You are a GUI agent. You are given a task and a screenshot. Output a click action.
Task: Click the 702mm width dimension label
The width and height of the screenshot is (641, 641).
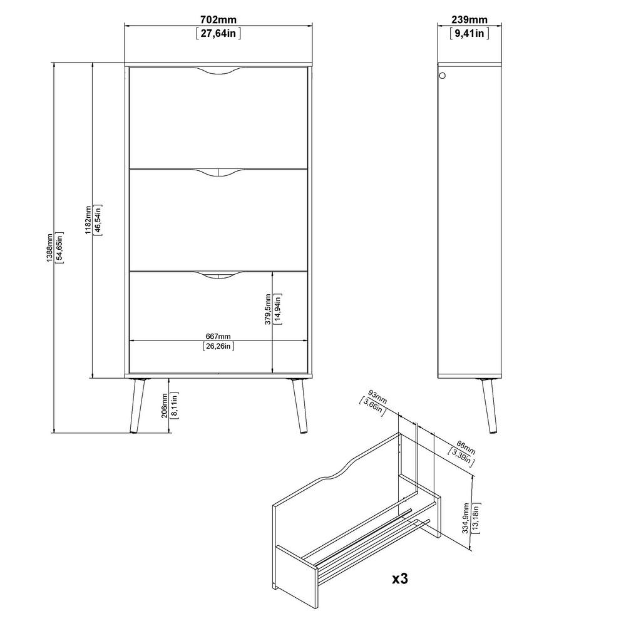coord(218,19)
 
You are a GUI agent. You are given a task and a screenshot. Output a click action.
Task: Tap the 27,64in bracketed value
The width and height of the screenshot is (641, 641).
coord(218,33)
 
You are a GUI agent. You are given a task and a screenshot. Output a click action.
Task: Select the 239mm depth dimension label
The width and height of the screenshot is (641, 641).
coord(469,19)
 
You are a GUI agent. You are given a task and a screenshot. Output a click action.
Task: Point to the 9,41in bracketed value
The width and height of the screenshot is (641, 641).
coord(469,33)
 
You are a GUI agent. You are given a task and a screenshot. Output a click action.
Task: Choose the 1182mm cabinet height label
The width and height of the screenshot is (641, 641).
coord(88,220)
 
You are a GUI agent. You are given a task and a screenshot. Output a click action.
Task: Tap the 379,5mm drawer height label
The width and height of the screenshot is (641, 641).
coord(268,309)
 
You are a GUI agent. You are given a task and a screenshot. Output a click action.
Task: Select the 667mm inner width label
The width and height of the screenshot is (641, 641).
coord(218,336)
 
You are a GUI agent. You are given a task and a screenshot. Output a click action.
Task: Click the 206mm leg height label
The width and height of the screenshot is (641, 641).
coord(165,405)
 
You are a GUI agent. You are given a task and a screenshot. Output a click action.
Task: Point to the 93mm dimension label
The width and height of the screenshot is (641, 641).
coord(377,397)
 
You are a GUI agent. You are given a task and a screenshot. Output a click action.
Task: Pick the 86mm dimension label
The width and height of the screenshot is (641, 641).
coord(466,447)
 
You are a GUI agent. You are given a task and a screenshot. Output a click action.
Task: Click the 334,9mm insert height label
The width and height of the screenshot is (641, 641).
coord(466,518)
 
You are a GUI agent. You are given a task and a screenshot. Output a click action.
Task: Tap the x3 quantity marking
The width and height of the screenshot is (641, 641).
coord(400,578)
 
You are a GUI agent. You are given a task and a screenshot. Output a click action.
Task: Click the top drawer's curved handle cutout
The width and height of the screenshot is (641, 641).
coord(218,73)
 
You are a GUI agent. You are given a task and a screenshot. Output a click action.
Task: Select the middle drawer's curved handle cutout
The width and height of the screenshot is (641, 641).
coord(218,174)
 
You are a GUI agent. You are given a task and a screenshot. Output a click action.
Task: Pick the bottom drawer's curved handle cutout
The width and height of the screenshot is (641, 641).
coord(218,276)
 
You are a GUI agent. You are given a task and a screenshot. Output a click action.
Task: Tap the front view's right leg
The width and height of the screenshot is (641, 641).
coord(299,406)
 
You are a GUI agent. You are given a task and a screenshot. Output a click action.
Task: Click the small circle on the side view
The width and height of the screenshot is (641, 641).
coord(442,76)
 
